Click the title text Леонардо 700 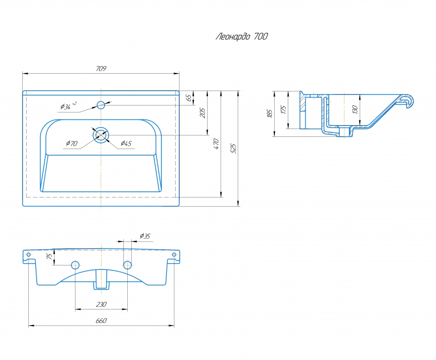click(x=242, y=37)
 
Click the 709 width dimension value click(x=101, y=68)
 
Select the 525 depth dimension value click(x=233, y=149)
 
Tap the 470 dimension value click(x=216, y=144)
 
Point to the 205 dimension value click(x=202, y=113)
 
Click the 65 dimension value click(x=189, y=98)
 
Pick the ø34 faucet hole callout click(x=68, y=106)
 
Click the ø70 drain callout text click(x=72, y=143)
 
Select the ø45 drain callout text click(x=126, y=143)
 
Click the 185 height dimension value click(x=269, y=113)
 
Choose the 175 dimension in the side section click(x=283, y=109)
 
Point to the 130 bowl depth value click(x=354, y=109)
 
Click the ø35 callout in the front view click(x=145, y=236)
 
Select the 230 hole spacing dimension click(x=101, y=304)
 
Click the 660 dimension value click(x=101, y=320)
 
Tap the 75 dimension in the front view click(x=49, y=256)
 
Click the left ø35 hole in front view click(x=75, y=265)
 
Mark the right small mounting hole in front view click(x=174, y=255)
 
